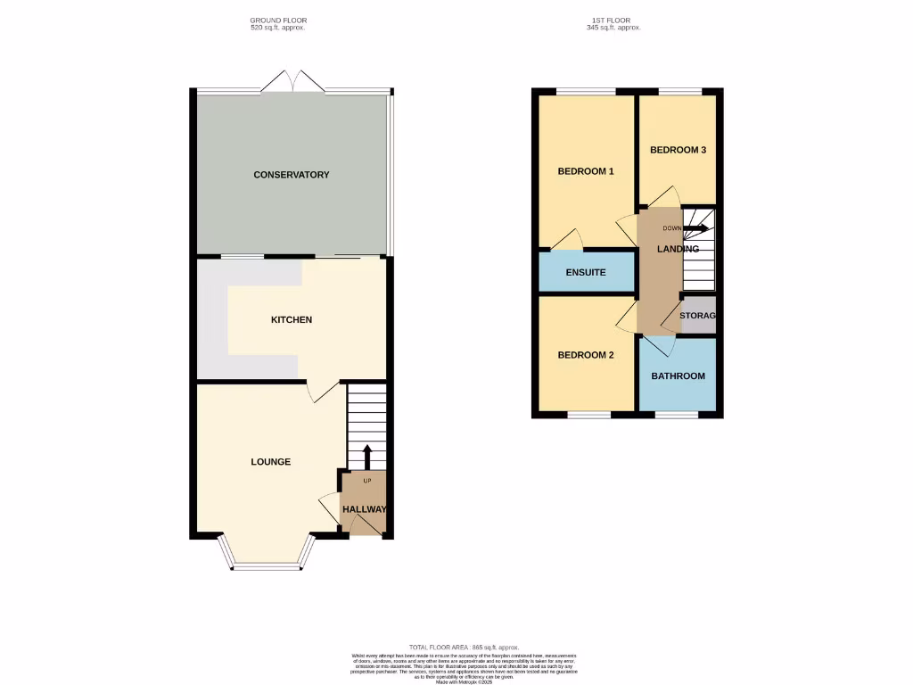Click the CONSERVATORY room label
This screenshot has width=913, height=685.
(292, 175)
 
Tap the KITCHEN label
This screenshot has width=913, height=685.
(292, 319)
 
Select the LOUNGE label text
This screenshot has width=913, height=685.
(270, 462)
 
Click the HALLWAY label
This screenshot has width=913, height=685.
(366, 509)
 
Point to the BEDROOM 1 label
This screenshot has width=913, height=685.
(586, 171)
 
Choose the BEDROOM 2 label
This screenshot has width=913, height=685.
(586, 355)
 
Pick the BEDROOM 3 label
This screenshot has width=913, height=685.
(678, 150)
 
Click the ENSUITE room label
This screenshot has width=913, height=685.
(586, 272)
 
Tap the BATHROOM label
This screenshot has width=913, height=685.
(678, 376)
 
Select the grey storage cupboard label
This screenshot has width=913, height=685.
(698, 316)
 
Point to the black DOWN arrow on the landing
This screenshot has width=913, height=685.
(697, 228)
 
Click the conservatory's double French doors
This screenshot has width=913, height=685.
(293, 81)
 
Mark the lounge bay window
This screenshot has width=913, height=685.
(267, 565)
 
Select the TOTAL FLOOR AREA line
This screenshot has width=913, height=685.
(464, 647)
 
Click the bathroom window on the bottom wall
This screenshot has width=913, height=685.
(678, 415)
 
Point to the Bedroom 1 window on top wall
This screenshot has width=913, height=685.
(586, 91)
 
